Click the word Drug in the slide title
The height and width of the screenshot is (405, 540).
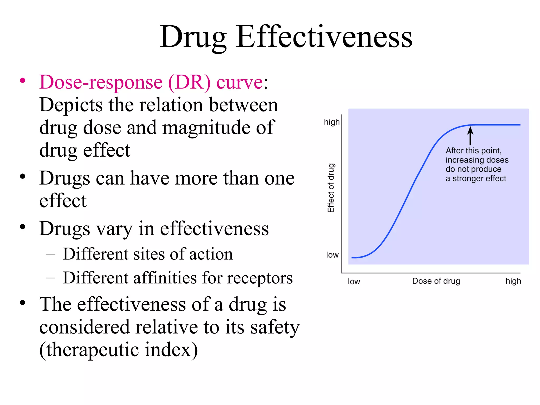coord(193,37)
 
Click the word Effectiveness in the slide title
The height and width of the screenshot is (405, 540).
coord(324,37)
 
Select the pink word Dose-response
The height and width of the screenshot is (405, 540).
coord(101,82)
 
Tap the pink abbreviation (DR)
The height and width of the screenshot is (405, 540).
coord(189,82)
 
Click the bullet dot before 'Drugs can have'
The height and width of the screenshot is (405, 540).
coord(23,176)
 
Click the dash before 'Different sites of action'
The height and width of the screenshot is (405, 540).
coord(50,254)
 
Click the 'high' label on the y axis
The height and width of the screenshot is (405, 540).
coord(332,122)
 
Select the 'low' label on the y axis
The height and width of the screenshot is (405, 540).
coord(332,255)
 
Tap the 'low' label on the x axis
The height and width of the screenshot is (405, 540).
coord(354,282)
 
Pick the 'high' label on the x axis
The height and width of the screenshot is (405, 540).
coord(513,281)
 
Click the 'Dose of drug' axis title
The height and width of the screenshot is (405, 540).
coord(436,281)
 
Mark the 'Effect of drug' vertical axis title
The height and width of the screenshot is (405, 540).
coord(331,188)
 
